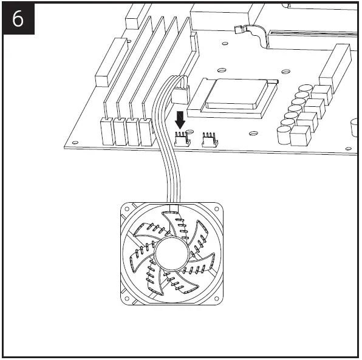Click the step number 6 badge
19,19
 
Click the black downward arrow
180,118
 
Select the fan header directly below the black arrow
180,140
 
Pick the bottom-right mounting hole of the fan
216,298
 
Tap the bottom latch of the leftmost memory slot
108,131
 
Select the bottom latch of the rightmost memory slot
146,131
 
